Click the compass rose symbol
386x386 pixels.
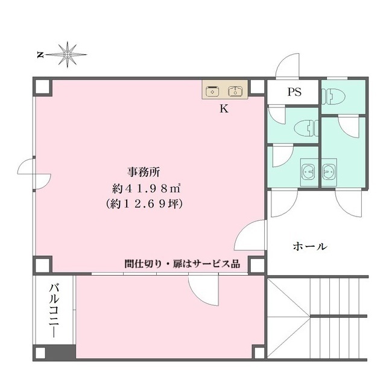[67, 54]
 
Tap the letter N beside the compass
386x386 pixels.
[40, 55]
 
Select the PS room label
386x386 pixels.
[294, 92]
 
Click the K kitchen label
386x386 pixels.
[224, 109]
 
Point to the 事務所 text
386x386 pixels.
[144, 172]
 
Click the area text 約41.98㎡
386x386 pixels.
[147, 189]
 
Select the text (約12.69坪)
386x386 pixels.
[145, 204]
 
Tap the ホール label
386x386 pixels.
[310, 246]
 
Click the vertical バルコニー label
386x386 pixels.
[54, 311]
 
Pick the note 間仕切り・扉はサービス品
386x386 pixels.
[182, 264]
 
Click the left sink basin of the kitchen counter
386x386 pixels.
[212, 91]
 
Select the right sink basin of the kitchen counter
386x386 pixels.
[235, 91]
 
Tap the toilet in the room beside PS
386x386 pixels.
[333, 96]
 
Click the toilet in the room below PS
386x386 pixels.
[306, 128]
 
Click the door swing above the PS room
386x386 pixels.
[287, 66]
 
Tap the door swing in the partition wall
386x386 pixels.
[203, 291]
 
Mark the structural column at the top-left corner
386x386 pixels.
[43, 87]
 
